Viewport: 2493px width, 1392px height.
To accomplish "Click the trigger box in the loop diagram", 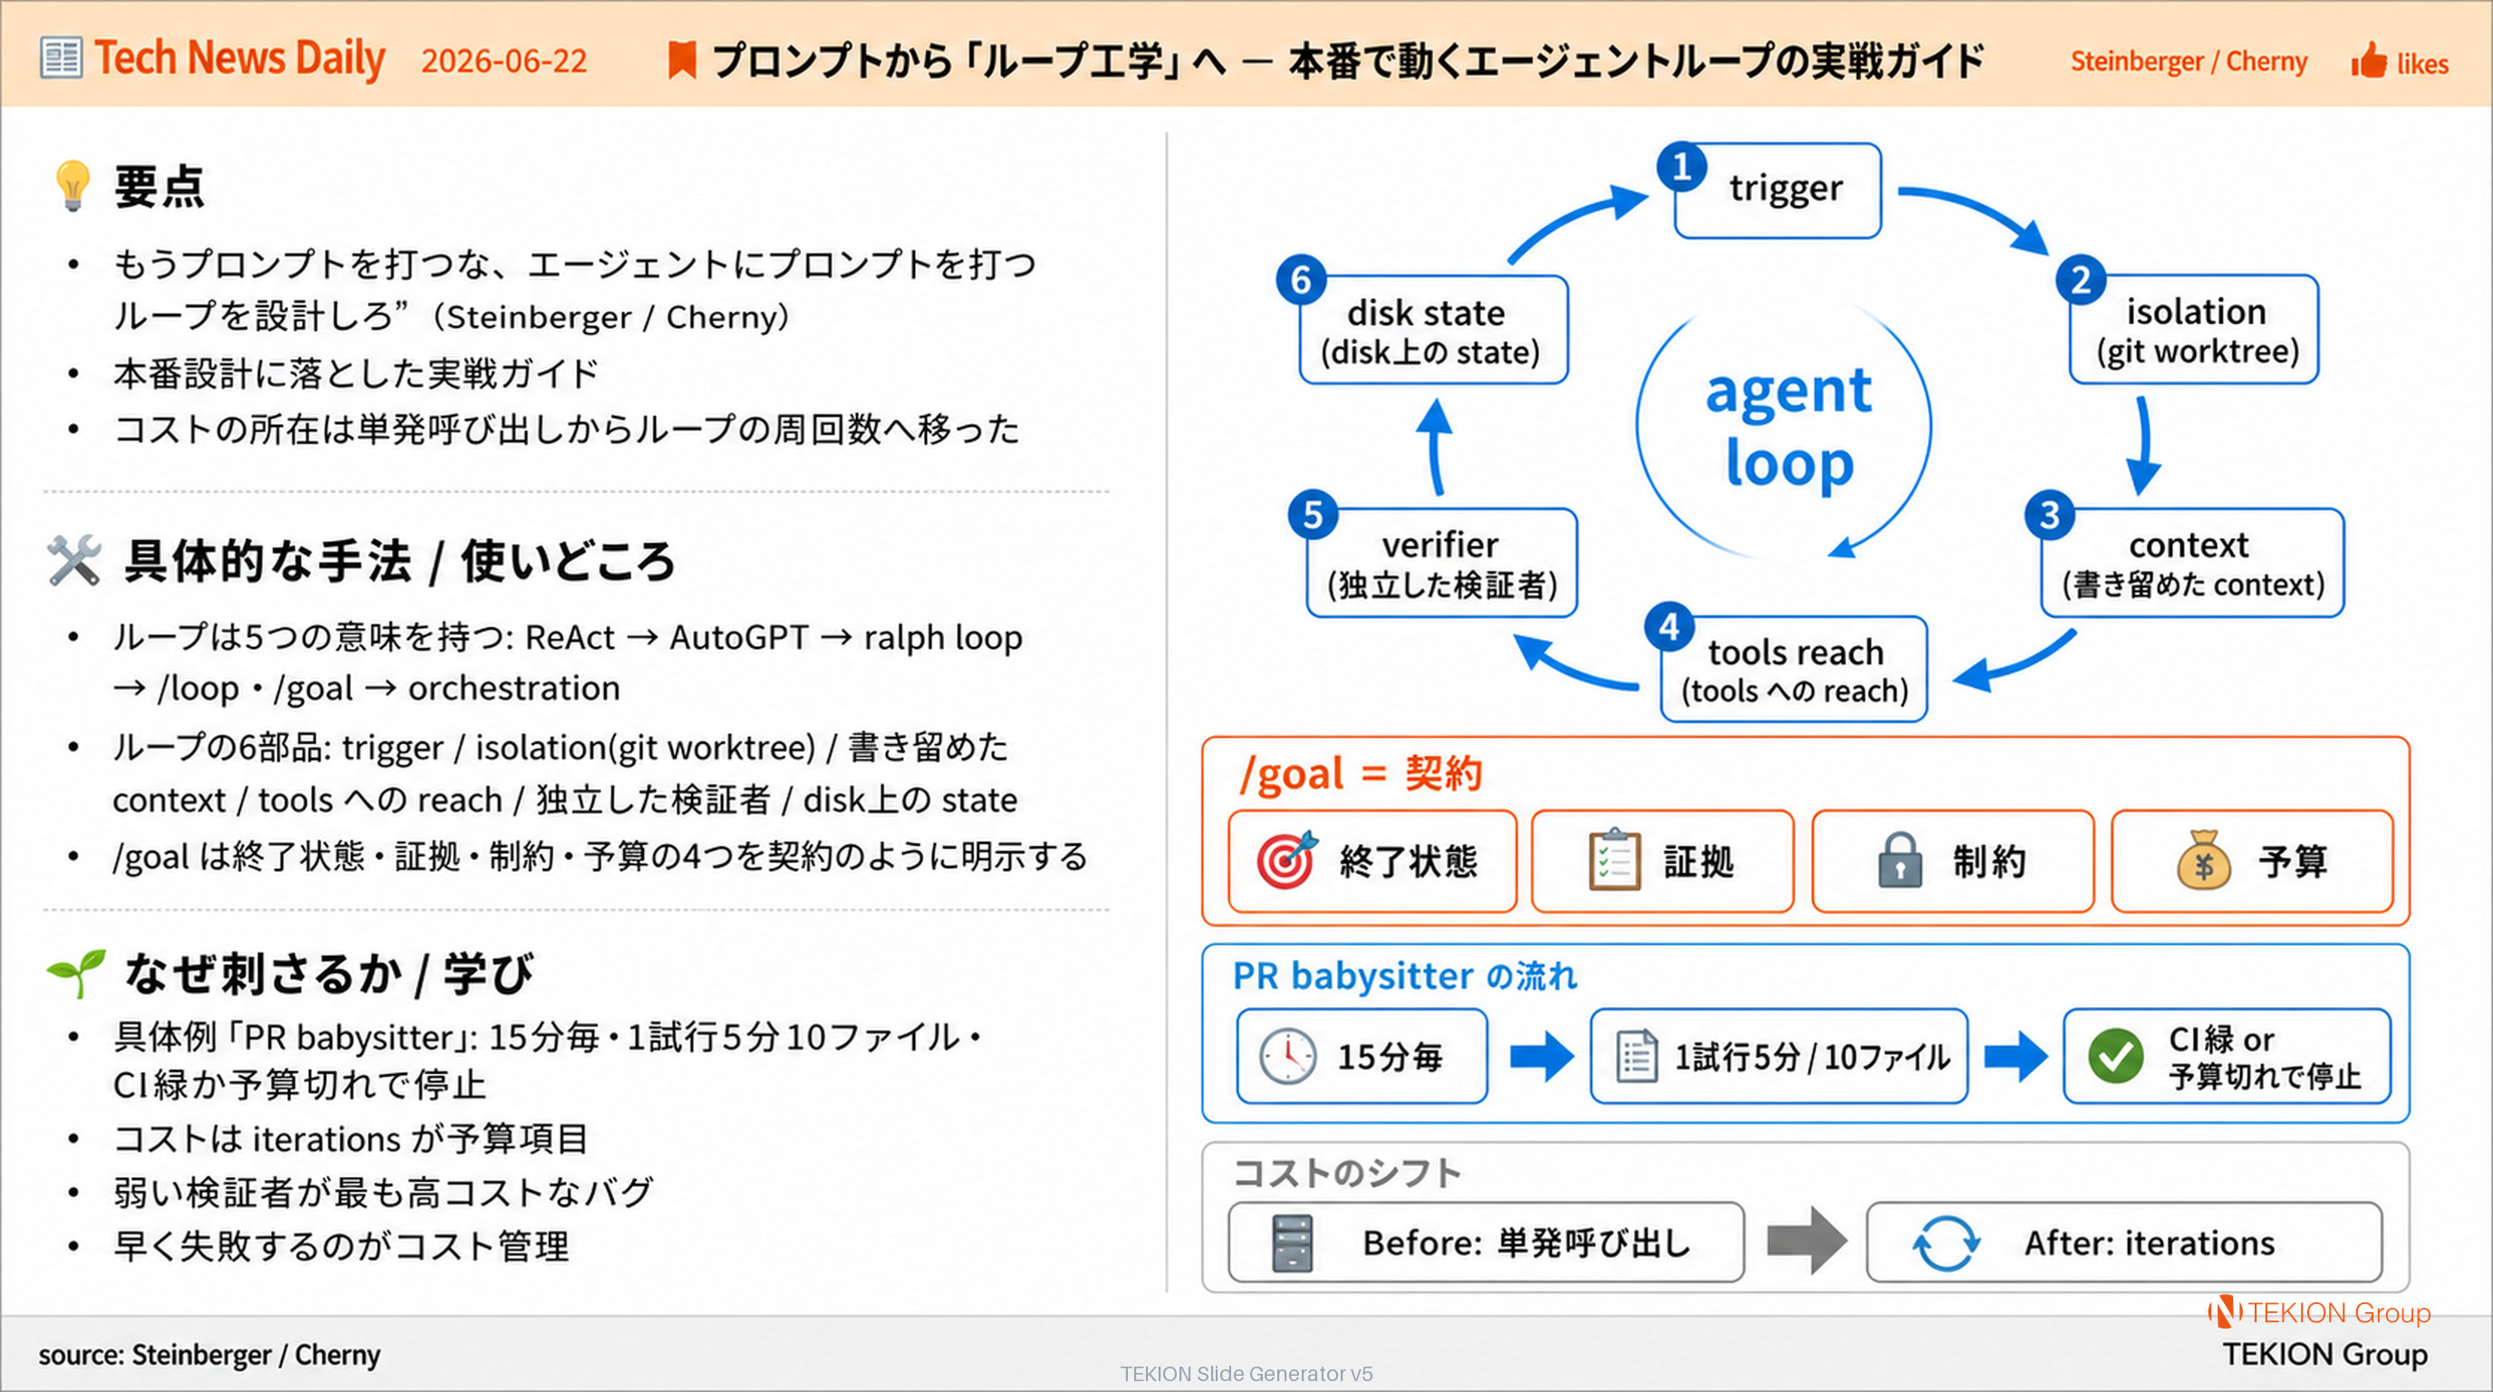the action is tap(1778, 189).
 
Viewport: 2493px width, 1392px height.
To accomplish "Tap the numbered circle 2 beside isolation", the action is tap(2081, 280).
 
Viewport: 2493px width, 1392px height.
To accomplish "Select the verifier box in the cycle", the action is tap(1442, 564).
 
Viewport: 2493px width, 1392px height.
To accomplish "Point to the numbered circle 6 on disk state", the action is tap(1301, 280).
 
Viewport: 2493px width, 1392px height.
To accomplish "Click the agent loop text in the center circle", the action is tap(1788, 427).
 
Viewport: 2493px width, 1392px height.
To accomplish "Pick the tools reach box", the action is tap(1795, 669).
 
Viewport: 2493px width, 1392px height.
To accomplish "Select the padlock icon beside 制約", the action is tap(1900, 860).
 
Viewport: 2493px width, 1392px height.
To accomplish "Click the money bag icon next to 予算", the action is tap(2204, 860).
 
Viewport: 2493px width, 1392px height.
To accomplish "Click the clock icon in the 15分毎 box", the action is tap(1287, 1056).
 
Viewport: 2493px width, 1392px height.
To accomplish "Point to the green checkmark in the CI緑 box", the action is tap(2115, 1056).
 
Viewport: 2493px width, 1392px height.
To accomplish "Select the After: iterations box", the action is tap(2124, 1243).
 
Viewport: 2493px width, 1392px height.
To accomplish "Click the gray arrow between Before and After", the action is tap(1805, 1240).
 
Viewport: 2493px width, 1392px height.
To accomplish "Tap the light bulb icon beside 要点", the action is tap(73, 185).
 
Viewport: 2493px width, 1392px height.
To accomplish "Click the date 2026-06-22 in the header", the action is tap(505, 61).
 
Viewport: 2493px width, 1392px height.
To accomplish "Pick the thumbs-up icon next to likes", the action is tap(2369, 61).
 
